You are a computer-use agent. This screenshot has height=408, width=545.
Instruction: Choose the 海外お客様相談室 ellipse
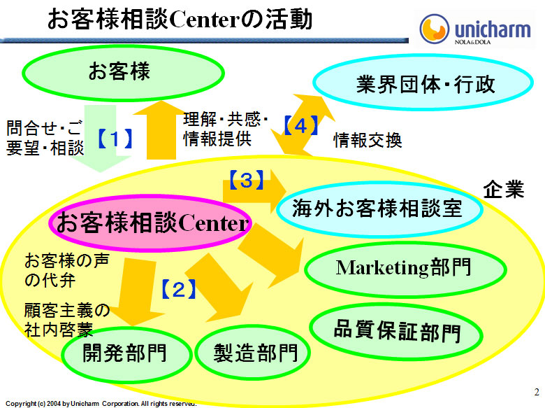click(x=379, y=208)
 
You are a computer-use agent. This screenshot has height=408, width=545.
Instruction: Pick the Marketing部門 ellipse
click(x=404, y=267)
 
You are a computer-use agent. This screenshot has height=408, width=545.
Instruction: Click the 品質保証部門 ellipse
click(x=397, y=330)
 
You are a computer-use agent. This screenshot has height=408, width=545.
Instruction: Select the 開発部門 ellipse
click(x=125, y=352)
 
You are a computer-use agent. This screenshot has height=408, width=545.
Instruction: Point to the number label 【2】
click(x=178, y=288)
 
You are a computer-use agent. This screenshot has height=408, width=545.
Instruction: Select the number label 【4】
click(x=301, y=127)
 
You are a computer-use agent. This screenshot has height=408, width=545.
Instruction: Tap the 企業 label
click(x=504, y=190)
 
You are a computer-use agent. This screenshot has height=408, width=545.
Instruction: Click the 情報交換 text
click(x=367, y=141)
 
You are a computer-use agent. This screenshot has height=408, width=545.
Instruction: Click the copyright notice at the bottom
click(x=101, y=404)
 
